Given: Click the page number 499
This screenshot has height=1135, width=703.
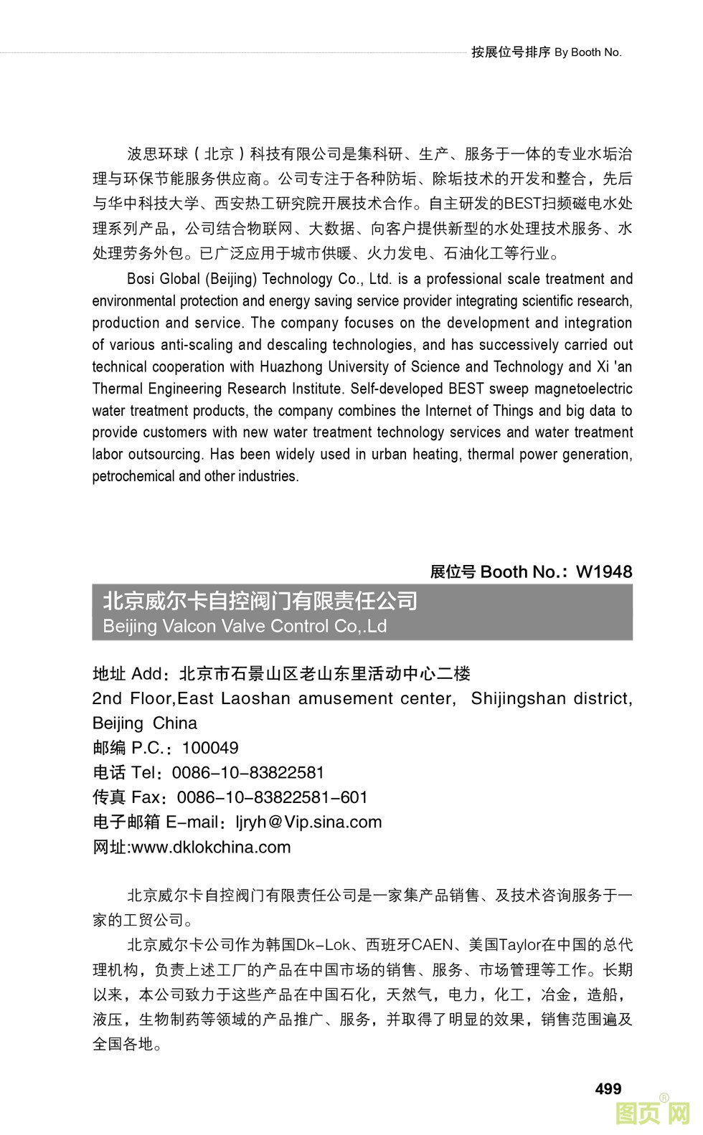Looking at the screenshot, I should pos(608,1088).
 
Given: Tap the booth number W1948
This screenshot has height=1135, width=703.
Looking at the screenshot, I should pos(604,571).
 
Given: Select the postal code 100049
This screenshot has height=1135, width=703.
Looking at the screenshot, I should pos(210,748).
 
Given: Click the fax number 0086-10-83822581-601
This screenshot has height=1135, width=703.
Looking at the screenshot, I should pos(272,797).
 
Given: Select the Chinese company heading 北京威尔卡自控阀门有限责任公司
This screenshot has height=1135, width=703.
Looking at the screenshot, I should pos(260,600).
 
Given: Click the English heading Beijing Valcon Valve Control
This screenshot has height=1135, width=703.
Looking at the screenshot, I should pos(245,626).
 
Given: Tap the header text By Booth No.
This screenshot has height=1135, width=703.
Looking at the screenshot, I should pos(588,52).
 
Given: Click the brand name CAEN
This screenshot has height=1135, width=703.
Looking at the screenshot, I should pos(433,945).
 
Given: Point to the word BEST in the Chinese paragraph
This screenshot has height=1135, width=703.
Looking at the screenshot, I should pos(522,204).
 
